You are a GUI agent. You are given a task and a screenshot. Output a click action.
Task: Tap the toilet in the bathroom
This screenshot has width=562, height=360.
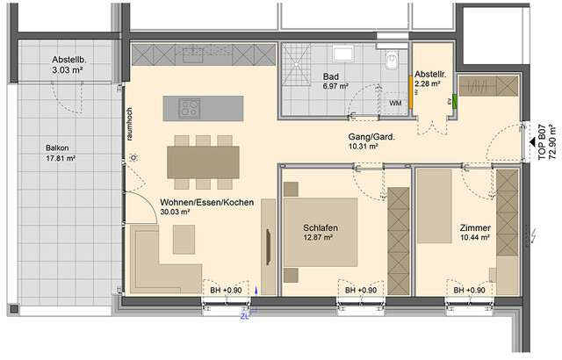click(393, 61)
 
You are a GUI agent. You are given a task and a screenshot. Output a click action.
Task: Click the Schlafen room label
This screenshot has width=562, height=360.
click(321, 228)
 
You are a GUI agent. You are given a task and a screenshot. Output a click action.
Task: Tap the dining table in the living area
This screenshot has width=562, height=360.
click(201, 161)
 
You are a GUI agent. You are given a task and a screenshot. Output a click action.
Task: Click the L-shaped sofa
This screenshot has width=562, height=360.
click(162, 263)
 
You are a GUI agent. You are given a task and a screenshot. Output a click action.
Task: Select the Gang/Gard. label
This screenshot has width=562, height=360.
click(363, 140)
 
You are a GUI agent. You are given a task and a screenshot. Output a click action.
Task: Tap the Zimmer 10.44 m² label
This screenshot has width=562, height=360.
click(474, 234)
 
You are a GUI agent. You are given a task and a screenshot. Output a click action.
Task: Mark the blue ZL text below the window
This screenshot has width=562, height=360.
click(244, 318)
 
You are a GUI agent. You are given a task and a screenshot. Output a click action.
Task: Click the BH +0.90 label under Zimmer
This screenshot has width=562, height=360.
click(469, 291)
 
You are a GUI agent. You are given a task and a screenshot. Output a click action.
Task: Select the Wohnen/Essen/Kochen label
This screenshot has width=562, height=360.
click(206, 208)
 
